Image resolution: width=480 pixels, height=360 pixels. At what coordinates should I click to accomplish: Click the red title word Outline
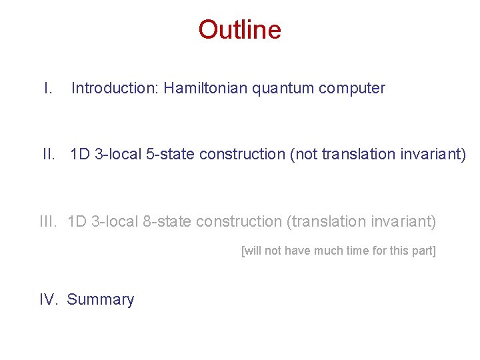tap(239, 30)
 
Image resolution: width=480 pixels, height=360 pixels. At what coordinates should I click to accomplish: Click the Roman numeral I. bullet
tap(47, 88)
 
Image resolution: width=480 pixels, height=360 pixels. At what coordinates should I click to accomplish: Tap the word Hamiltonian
tap(207, 88)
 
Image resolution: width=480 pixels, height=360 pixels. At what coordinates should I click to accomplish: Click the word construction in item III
tap(239, 221)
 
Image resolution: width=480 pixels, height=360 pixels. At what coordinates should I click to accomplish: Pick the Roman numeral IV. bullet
tap(50, 300)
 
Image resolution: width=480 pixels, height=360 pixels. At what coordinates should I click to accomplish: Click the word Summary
tap(101, 300)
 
